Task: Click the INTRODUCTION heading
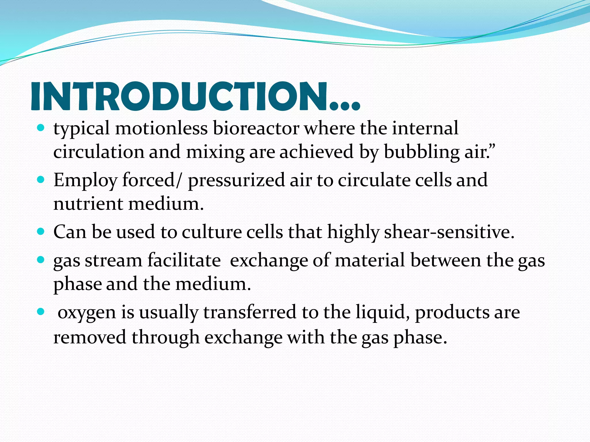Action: [x=195, y=96]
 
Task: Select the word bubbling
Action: [x=422, y=152]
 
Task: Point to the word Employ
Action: [x=85, y=181]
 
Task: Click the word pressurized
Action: [x=236, y=181]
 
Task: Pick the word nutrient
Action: [x=88, y=204]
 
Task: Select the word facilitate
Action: [x=184, y=260]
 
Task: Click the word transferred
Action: [x=250, y=312]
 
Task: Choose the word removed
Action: [x=90, y=337]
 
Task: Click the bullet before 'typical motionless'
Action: [x=41, y=128]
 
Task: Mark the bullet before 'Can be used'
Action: [x=41, y=231]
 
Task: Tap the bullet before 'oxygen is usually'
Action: [x=41, y=312]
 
